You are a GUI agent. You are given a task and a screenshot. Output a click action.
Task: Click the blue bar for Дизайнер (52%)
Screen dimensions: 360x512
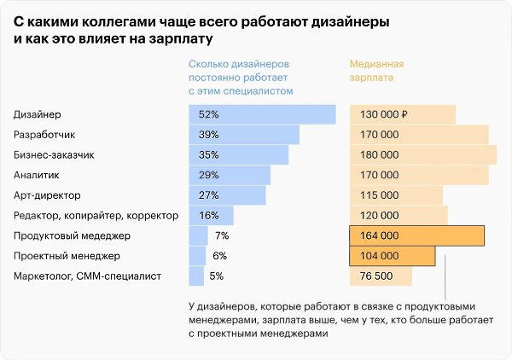262,114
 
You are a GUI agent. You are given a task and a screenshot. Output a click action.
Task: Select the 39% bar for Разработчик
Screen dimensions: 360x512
244,135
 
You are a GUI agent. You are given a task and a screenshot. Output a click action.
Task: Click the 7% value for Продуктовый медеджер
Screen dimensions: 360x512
222,235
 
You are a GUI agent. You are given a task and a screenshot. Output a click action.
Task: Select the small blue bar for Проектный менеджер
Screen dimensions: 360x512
197,256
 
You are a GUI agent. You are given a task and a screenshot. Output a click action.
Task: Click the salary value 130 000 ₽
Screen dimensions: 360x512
385,114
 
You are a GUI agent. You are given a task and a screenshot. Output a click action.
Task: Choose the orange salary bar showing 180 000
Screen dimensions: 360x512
423,155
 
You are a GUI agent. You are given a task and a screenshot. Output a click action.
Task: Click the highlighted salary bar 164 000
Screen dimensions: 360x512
417,235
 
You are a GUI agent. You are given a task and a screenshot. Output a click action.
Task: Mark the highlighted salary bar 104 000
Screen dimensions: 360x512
393,256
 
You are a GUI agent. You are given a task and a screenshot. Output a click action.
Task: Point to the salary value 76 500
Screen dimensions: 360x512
375,276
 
